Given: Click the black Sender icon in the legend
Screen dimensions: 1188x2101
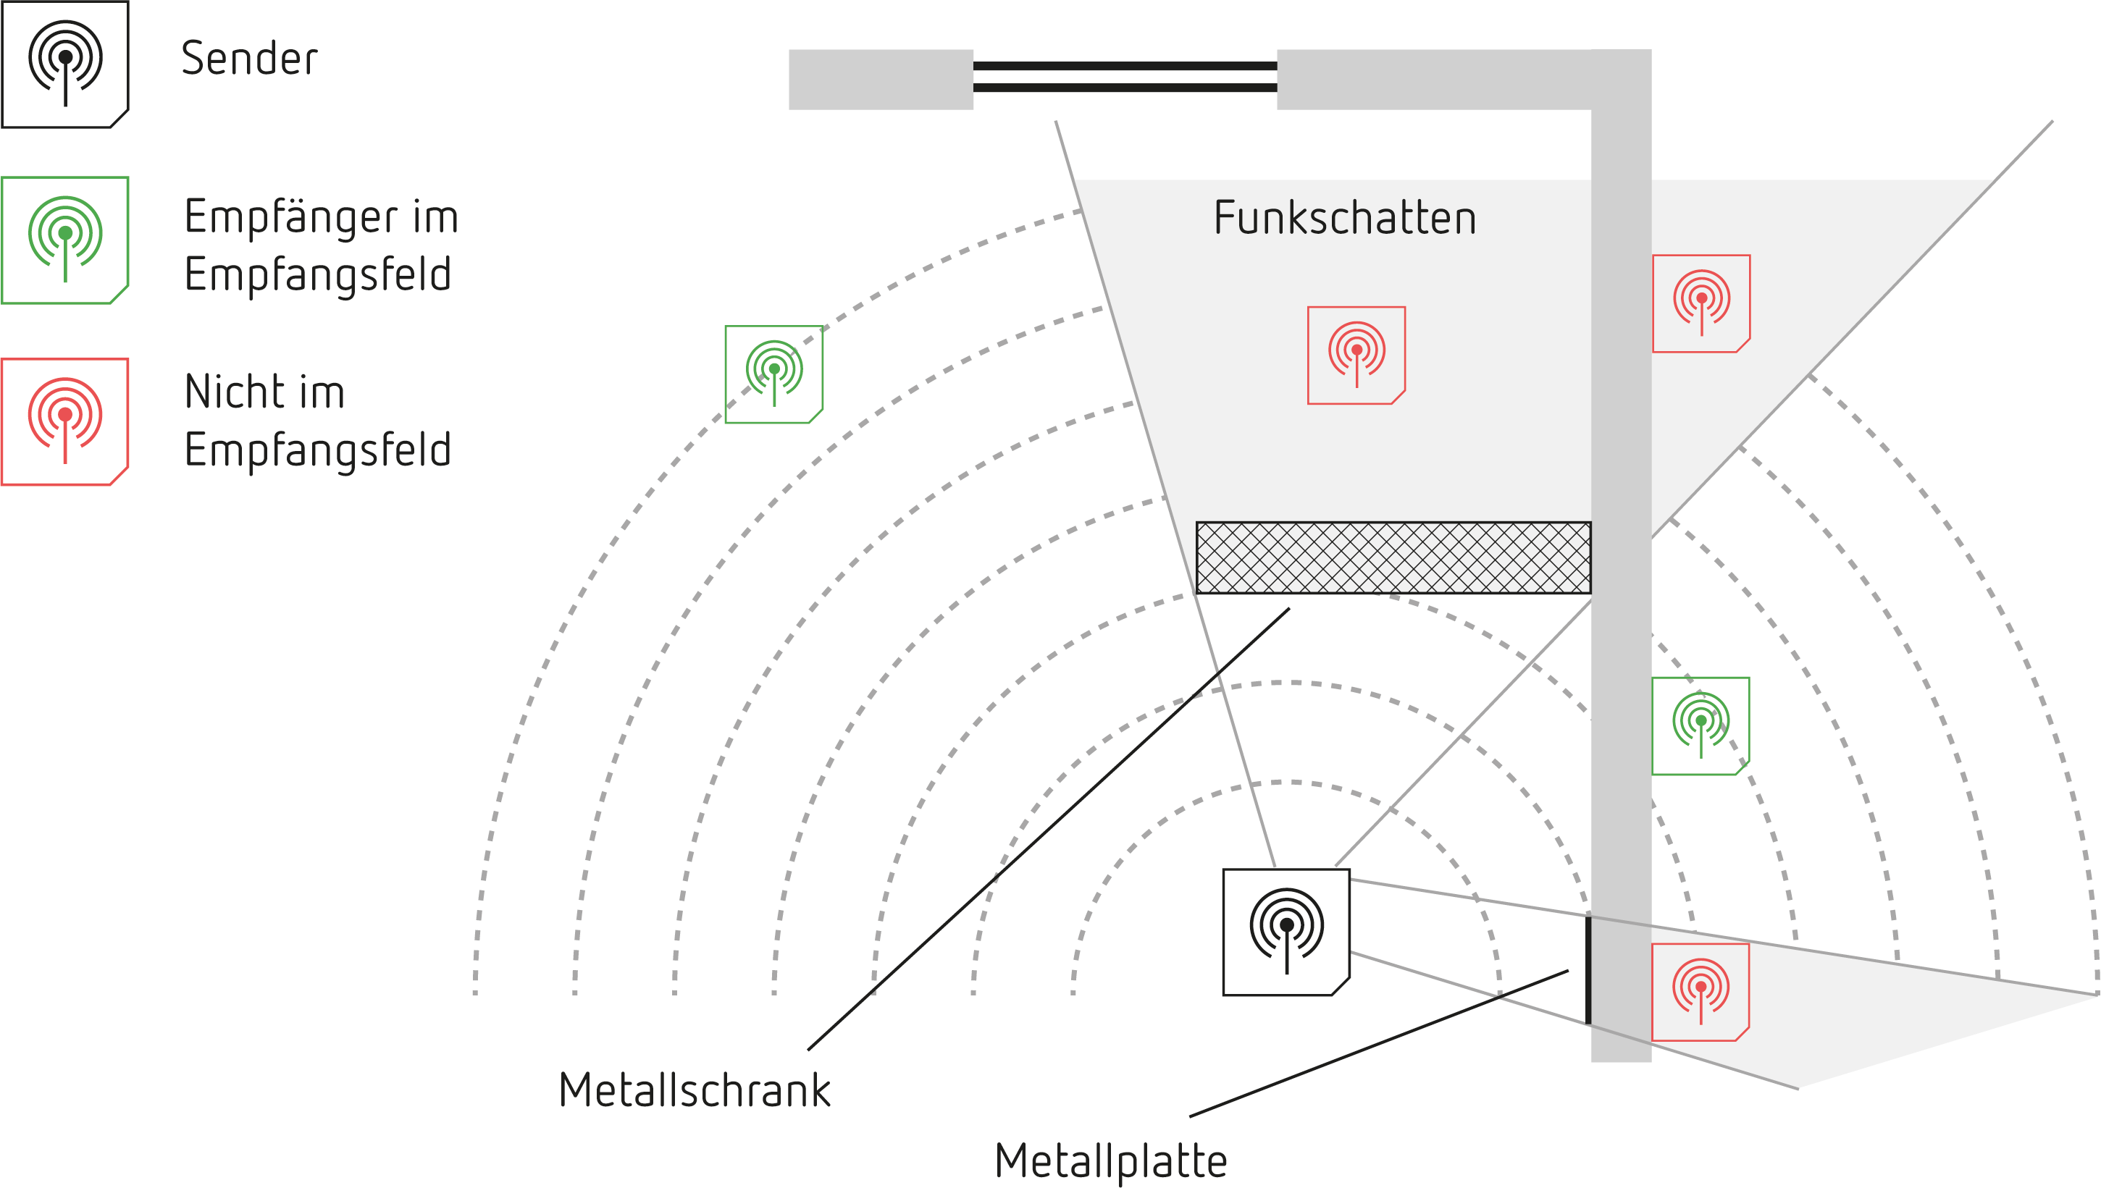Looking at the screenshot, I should pos(65,64).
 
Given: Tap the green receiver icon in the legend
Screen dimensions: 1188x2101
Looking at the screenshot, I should pos(65,240).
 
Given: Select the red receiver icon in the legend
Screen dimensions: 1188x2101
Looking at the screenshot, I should pos(65,421).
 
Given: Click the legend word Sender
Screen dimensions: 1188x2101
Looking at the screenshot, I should pos(249,59).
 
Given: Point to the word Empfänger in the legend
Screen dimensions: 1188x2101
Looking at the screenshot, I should pos(290,217).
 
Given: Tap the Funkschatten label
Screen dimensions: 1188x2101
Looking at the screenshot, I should pos(1344,218).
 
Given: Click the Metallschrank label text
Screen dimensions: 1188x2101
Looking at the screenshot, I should pos(694,1090).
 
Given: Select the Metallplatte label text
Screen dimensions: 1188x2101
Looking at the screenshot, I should pos(1110,1160).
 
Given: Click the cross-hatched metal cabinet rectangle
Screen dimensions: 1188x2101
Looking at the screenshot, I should pos(1393,557).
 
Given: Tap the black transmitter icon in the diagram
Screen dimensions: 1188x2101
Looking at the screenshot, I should pos(1286,932).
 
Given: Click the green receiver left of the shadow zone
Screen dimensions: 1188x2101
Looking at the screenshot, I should pos(773,374).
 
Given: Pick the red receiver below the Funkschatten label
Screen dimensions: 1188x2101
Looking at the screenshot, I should pos(1356,355).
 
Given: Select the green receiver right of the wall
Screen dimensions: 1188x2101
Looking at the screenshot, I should pos(1700,725).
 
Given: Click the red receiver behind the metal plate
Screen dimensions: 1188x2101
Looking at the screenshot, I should pos(1700,991).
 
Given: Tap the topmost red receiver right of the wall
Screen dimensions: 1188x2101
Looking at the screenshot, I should pos(1701,303).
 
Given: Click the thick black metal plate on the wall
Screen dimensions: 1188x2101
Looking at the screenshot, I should pos(1588,969).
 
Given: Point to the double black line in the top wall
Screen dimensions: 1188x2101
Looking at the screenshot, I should pos(1125,77).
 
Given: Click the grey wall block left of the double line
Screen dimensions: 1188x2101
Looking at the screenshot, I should pos(880,79).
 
